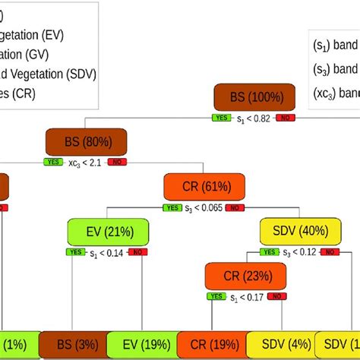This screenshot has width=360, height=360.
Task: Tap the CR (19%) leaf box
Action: coord(212,345)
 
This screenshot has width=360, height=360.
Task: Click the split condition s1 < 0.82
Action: coord(252,118)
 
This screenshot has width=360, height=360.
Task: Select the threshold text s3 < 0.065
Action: coord(204,207)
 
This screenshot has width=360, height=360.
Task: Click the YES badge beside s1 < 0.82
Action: coord(220,118)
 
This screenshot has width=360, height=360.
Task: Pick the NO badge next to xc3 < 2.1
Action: coord(117,162)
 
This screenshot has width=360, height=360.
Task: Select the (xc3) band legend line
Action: coord(334,93)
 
